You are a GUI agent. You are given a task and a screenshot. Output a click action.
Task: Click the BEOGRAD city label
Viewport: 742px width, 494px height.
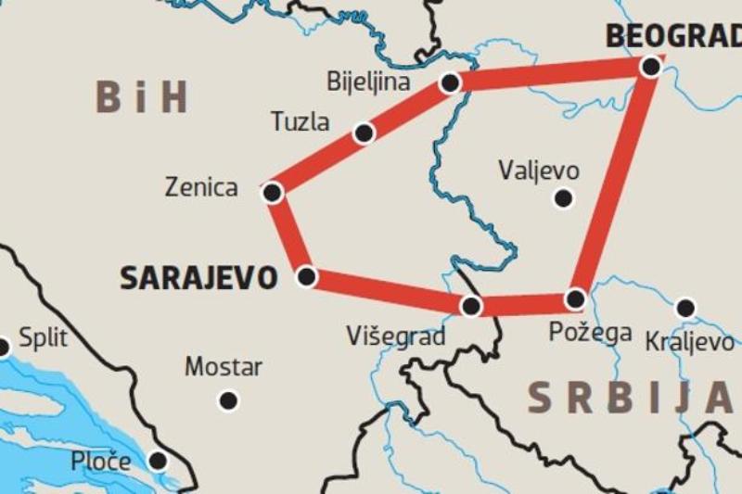672,36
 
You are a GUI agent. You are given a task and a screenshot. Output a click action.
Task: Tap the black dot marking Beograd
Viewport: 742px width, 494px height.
651,67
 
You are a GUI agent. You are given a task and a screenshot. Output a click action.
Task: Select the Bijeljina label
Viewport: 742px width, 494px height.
368,82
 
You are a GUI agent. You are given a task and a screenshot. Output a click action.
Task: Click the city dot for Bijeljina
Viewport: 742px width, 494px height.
450,83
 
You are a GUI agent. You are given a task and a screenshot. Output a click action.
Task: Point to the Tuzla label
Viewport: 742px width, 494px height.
300,121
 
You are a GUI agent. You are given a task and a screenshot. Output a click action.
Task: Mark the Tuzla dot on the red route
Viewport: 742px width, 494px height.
364,133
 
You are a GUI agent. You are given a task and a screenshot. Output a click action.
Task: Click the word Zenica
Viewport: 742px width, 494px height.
201,187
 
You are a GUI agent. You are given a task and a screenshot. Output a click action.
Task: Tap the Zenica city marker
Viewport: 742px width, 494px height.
272,193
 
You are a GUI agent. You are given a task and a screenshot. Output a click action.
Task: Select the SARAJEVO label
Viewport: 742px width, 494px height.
198,277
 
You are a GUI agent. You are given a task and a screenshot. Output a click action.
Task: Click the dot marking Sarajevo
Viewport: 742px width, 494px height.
306,277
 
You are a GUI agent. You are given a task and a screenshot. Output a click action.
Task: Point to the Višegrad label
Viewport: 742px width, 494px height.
396,336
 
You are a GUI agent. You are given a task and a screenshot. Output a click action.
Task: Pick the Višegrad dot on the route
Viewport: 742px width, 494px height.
471,305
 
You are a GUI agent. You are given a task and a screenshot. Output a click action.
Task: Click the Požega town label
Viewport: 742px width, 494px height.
590,331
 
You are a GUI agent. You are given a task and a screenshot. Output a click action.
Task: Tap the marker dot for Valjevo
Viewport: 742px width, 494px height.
563,197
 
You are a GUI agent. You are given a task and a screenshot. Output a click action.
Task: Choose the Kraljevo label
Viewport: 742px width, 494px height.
689,342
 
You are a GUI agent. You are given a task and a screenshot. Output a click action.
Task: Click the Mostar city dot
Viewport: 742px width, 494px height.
228,400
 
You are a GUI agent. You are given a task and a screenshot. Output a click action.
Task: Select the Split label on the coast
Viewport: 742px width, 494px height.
44,337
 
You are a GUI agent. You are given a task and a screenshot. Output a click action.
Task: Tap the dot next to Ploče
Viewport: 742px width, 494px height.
158,461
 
